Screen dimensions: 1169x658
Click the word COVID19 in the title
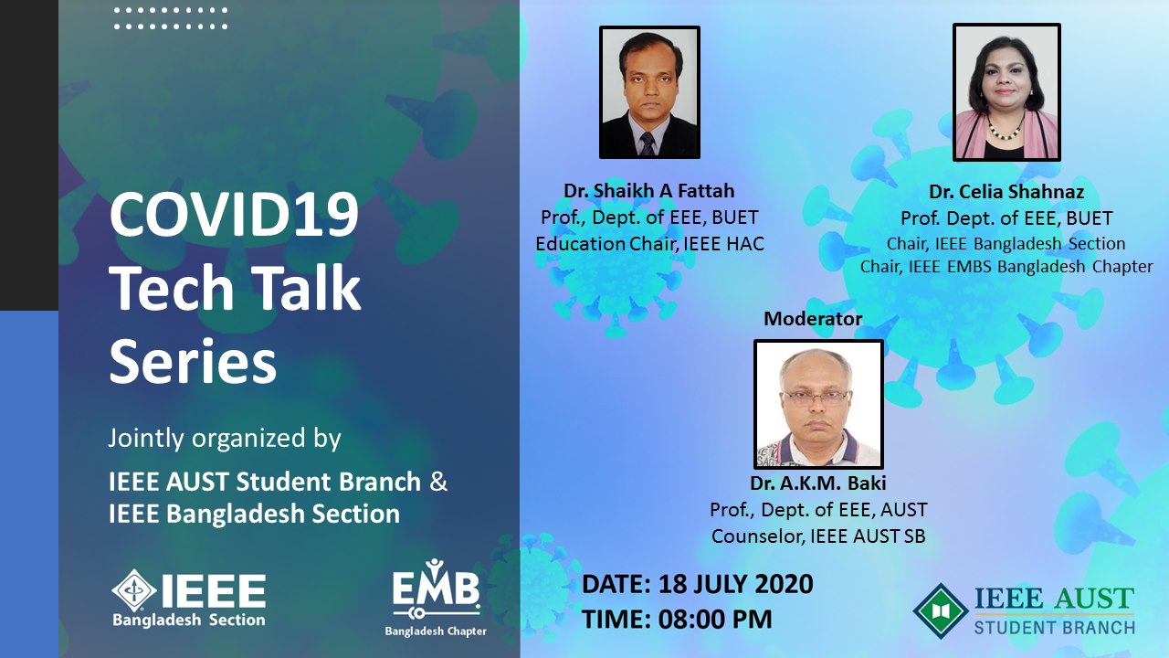(235, 214)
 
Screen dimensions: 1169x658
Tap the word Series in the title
(193, 361)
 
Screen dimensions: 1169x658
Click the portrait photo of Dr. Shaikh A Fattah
(649, 92)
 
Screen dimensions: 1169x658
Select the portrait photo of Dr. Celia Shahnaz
(1006, 92)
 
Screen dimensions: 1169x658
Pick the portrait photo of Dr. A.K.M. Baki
(818, 404)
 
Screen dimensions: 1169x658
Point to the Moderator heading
(813, 319)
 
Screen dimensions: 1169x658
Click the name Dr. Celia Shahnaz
(1006, 192)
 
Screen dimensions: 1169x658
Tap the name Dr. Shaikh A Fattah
(648, 191)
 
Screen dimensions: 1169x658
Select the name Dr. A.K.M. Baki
(817, 483)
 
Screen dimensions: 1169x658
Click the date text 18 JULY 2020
(736, 584)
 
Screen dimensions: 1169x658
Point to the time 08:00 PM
(714, 620)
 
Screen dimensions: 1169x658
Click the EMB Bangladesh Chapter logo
(436, 598)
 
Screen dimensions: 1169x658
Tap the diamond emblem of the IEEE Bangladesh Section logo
(134, 590)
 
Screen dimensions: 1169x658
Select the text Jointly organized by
(225, 438)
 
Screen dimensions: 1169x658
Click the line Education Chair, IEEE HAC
(649, 244)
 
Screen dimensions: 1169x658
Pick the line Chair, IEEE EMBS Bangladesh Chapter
(1006, 266)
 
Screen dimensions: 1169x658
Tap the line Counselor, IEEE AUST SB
(818, 536)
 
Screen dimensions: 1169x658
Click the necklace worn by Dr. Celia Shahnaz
(1005, 130)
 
